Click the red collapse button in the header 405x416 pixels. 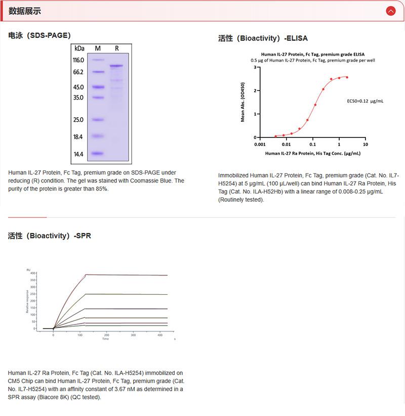pyautogui.click(x=390, y=11)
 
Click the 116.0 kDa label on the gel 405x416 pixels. pyautogui.click(x=78, y=60)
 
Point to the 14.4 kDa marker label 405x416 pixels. pyautogui.click(x=78, y=154)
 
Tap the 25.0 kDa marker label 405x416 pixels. pyautogui.click(x=78, y=120)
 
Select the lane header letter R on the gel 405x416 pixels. pyautogui.click(x=117, y=49)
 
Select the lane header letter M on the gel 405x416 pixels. pyautogui.click(x=98, y=49)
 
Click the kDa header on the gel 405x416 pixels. pyautogui.click(x=79, y=49)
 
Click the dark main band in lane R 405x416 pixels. pyautogui.click(x=116, y=66)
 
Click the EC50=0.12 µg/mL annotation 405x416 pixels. pyautogui.click(x=365, y=101)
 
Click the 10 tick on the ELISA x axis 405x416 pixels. pyautogui.click(x=366, y=144)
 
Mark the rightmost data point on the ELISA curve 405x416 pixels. pyautogui.click(x=347, y=77)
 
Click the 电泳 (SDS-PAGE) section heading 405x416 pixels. pyautogui.click(x=39, y=35)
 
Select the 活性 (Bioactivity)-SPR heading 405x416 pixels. pyautogui.click(x=50, y=236)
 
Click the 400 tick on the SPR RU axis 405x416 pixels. pyautogui.click(x=33, y=273)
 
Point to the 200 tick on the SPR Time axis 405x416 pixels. pyautogui.click(x=107, y=335)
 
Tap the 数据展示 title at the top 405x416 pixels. pyautogui.click(x=25, y=11)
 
